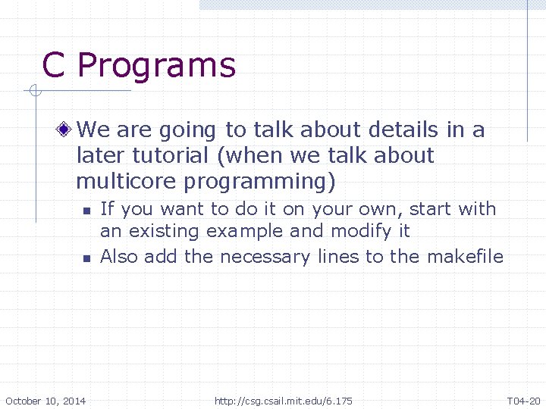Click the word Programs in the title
[156, 67]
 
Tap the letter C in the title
[53, 65]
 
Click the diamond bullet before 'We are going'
[67, 130]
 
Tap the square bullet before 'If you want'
[86, 211]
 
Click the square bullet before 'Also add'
[86, 258]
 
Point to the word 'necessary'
[265, 257]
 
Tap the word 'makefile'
[465, 257]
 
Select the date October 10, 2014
[45, 401]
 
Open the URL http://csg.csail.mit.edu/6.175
[283, 401]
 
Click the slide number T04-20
[523, 401]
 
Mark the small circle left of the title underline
[33, 92]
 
